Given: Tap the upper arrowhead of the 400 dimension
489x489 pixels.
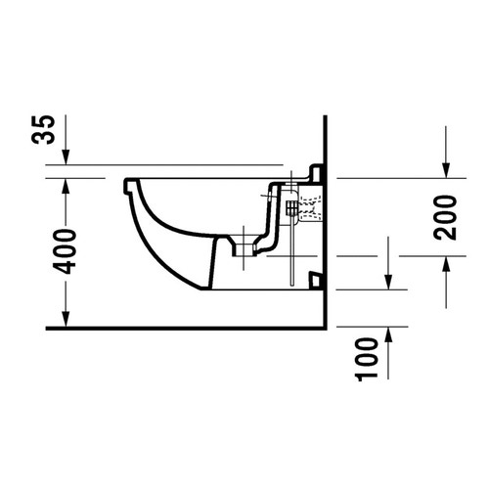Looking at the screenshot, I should coord(65,186).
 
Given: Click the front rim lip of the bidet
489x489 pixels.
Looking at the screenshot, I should coord(127,186).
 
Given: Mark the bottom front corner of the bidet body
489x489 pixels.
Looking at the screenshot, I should coord(209,290).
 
